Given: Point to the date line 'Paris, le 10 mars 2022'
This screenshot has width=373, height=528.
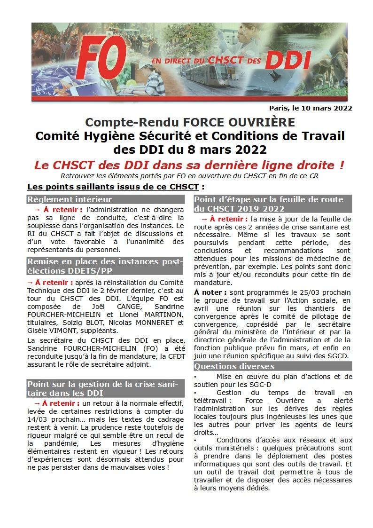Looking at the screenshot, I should click(x=311, y=108).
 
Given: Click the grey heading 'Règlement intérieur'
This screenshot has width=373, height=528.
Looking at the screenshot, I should click(x=70, y=199).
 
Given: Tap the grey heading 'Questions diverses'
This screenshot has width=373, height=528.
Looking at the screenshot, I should click(x=234, y=366).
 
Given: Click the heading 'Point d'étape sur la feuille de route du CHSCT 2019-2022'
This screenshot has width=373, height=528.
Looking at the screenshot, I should click(x=268, y=204).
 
